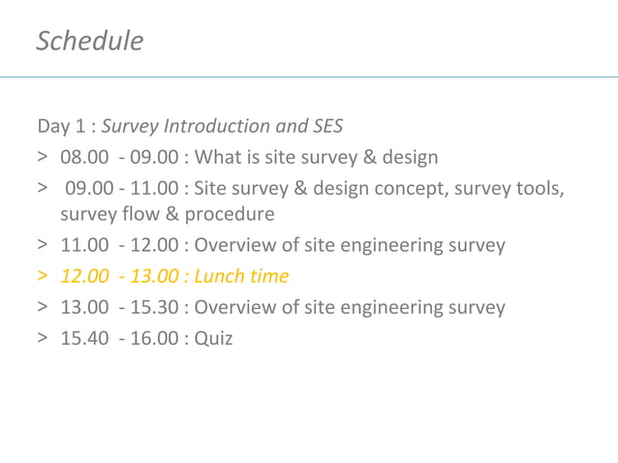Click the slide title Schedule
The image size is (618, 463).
[89, 41]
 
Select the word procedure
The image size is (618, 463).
[230, 214]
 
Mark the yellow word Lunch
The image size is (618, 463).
[220, 277]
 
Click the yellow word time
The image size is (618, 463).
[268, 277]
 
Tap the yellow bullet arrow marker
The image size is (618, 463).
[43, 277]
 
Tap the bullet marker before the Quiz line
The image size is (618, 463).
[43, 339]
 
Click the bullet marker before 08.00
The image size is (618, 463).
[43, 157]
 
